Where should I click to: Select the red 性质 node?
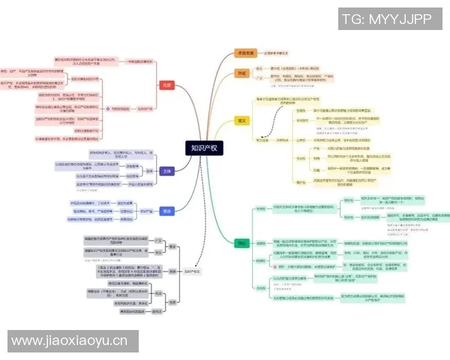coord(167,85)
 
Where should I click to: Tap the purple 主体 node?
coord(168,170)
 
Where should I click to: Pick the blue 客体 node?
coord(167,211)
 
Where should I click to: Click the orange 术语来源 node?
coord(244,53)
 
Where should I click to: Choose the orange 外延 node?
coord(241,73)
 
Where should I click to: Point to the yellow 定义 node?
coord(241,119)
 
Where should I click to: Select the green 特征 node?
coord(241,244)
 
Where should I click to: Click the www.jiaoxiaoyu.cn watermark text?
coord(70,341)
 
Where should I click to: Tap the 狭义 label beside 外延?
coord(259,68)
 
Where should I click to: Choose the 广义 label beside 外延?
coord(259,79)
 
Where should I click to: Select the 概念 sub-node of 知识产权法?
coord(172,245)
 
